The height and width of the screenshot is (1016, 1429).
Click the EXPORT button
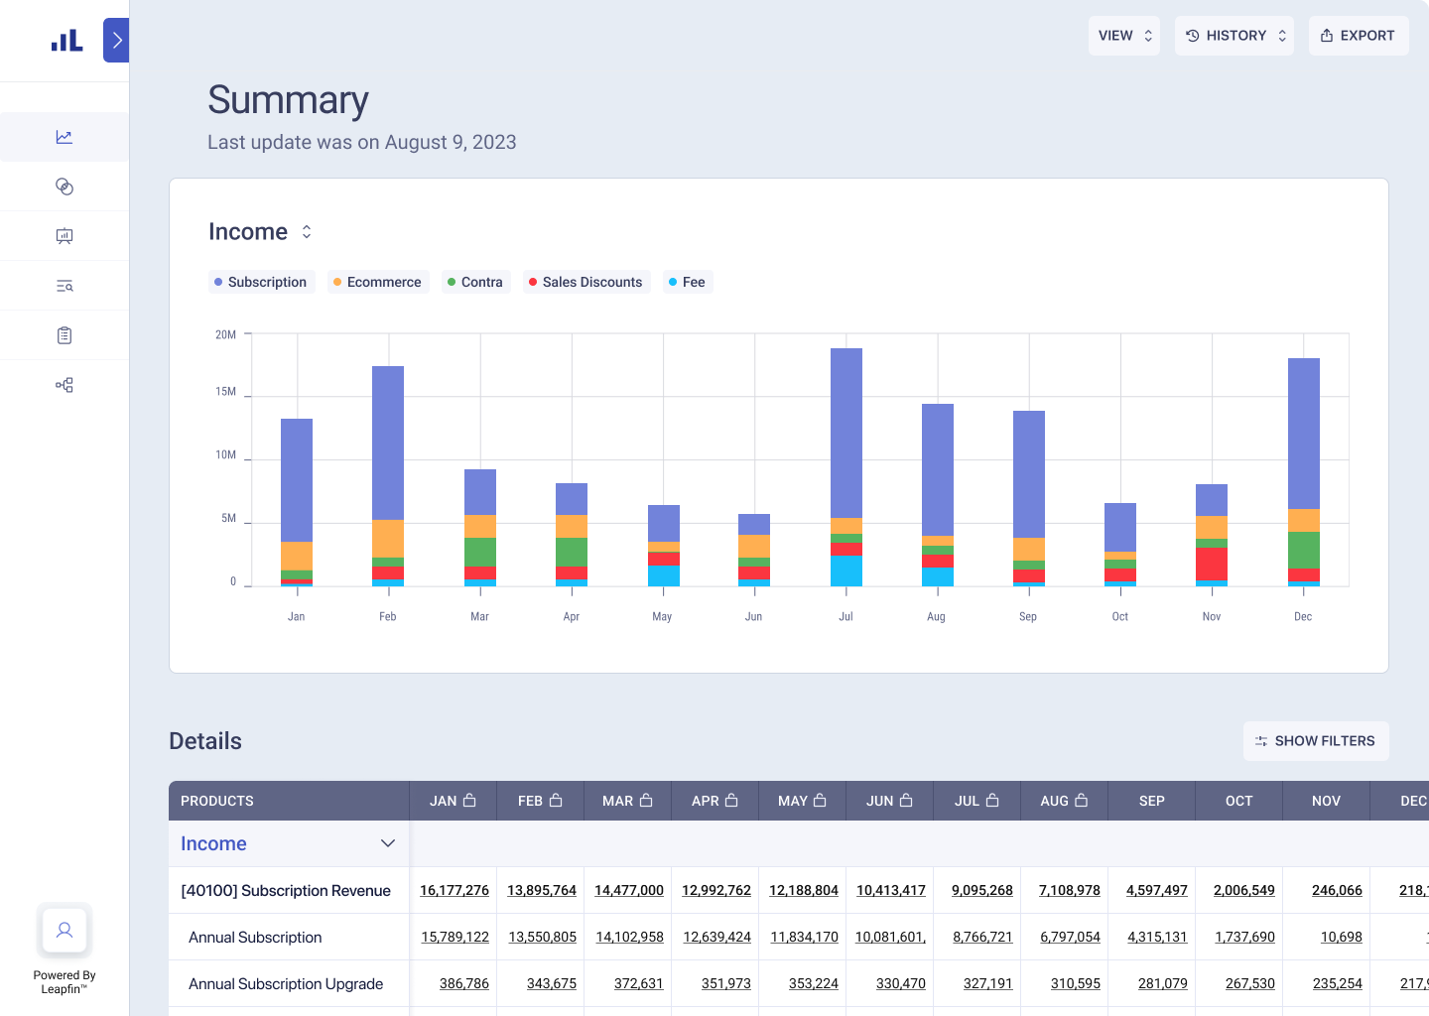[1358, 36]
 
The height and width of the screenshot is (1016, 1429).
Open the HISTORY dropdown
[1234, 36]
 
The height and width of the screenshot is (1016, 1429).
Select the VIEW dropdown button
[1123, 36]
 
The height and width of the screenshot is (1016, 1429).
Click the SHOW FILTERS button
[1315, 741]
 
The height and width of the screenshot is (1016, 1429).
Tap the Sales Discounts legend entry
[585, 282]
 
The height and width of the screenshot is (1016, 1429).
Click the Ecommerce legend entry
[377, 282]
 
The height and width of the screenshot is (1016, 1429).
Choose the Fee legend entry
[687, 282]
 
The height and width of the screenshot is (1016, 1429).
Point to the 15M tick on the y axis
[225, 392]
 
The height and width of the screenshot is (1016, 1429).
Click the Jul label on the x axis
[845, 616]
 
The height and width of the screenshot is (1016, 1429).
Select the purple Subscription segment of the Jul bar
[845, 433]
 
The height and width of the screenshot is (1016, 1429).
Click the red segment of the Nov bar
[1211, 564]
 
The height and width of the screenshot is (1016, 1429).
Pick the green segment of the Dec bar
[1303, 550]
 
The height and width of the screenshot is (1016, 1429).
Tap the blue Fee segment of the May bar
[663, 575]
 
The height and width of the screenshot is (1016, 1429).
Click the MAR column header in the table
[627, 801]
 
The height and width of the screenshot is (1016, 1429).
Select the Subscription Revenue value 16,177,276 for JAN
[454, 890]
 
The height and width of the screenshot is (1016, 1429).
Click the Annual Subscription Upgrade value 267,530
[1249, 983]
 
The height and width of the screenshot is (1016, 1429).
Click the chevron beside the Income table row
[388, 843]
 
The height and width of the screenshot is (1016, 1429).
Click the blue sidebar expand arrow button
[116, 41]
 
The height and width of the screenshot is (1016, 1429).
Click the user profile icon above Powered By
[65, 930]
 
